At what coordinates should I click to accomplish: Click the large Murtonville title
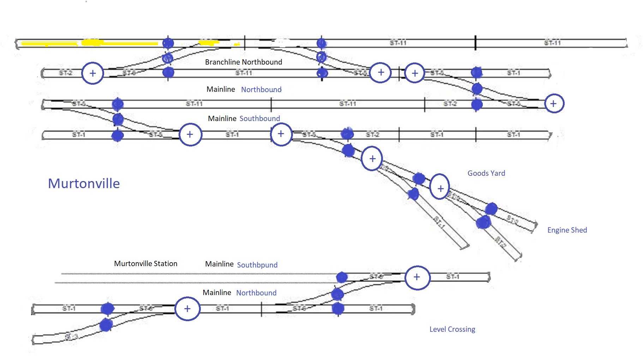(x=84, y=184)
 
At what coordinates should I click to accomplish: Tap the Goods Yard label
(x=486, y=173)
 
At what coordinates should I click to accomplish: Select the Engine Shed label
(x=567, y=230)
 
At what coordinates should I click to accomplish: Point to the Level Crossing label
(x=452, y=329)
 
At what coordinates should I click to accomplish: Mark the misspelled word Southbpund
(x=257, y=265)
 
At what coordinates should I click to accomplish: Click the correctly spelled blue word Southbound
(x=259, y=119)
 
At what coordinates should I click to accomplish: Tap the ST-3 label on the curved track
(x=71, y=337)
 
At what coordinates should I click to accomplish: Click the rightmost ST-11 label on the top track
(x=552, y=43)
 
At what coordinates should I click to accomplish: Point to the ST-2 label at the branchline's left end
(x=66, y=73)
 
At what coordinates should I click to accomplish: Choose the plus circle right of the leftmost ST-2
(x=92, y=73)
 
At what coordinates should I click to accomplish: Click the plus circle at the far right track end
(x=554, y=103)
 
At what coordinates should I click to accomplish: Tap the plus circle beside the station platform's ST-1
(x=417, y=277)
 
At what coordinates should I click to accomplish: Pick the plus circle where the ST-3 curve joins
(x=187, y=309)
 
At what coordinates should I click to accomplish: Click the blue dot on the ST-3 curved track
(x=106, y=324)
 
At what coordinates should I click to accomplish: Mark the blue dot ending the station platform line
(x=342, y=277)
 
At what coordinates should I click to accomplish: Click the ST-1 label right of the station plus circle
(x=452, y=277)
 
